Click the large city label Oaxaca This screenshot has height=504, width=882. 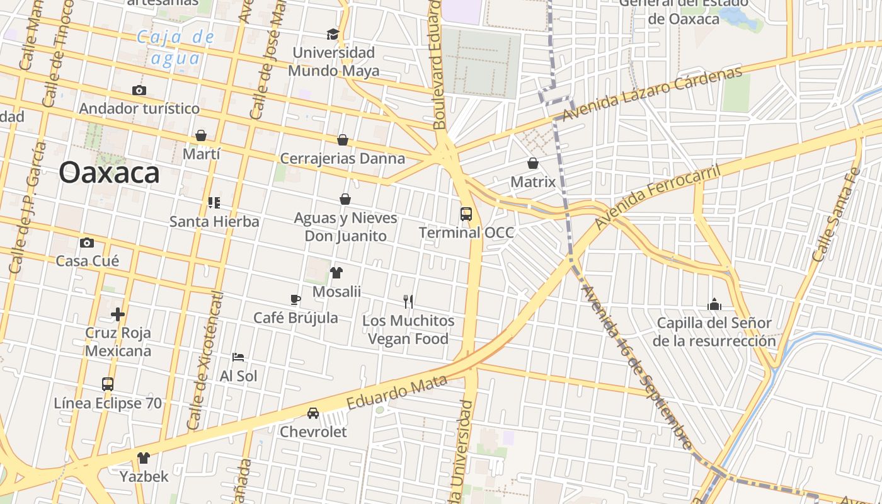click(109, 173)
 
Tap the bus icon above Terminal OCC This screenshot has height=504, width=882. click(466, 214)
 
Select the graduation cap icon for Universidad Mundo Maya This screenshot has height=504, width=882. click(333, 34)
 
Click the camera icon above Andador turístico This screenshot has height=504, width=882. click(139, 91)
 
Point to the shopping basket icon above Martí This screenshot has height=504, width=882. click(201, 135)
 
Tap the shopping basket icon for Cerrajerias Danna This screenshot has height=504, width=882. click(343, 140)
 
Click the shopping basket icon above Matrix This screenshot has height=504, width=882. click(533, 164)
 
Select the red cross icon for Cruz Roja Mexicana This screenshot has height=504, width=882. click(118, 314)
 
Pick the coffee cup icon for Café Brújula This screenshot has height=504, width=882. click(295, 300)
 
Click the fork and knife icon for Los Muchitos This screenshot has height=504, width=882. click(408, 302)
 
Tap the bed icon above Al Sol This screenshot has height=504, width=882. click(238, 357)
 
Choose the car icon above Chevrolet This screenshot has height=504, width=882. click(313, 413)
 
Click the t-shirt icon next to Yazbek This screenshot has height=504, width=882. click(144, 458)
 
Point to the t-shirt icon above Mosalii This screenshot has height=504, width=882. click(336, 273)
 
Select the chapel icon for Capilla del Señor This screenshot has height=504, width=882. click(714, 305)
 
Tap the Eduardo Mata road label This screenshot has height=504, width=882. click(397, 392)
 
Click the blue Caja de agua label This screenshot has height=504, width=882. click(176, 48)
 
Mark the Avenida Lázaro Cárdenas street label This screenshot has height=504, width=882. click(652, 94)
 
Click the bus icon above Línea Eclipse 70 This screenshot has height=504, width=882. click(108, 384)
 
